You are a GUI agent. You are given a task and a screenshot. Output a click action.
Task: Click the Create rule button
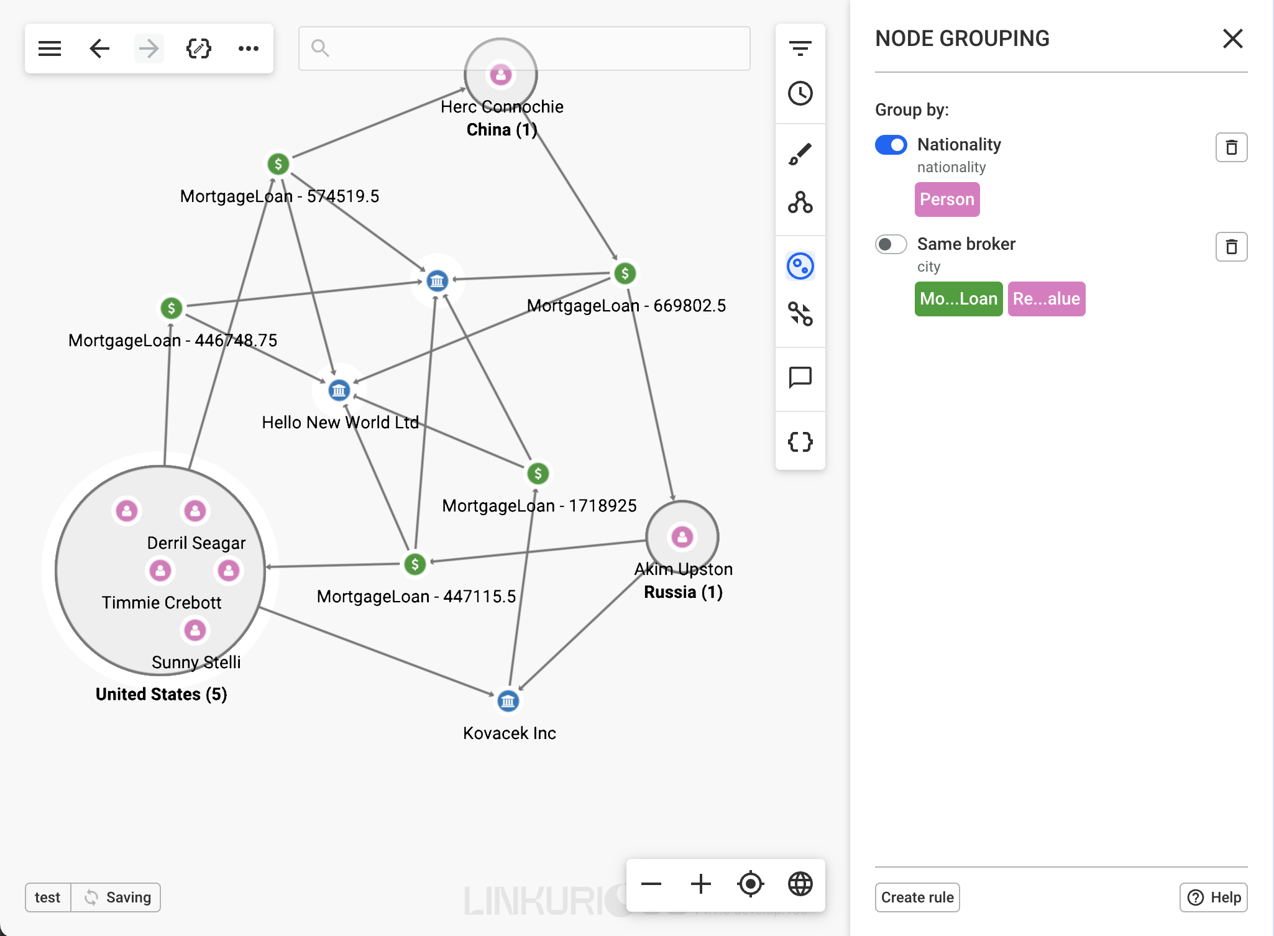tap(917, 897)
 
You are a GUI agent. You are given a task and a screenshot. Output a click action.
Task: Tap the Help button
tap(1213, 897)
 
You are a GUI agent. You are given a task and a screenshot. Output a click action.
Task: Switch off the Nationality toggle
tap(891, 145)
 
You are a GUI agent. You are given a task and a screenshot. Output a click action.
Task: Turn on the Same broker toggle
tap(891, 244)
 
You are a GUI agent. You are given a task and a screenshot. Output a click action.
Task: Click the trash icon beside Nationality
tap(1230, 147)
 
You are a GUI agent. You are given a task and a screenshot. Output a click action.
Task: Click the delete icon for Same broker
tap(1230, 247)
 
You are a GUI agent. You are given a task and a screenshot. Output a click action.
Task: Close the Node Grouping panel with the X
tap(1232, 39)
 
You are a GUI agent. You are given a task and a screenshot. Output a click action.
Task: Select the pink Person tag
tap(946, 200)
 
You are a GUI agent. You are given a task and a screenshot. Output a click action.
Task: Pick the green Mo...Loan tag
tap(958, 299)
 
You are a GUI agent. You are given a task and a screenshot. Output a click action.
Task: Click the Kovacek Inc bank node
tap(508, 702)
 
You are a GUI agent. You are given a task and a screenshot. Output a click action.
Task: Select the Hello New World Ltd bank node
tap(339, 390)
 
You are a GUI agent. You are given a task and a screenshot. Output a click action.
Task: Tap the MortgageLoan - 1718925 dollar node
tap(538, 474)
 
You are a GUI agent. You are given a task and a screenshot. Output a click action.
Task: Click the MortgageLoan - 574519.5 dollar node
tap(278, 164)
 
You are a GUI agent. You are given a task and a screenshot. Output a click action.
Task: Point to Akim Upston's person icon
tap(682, 536)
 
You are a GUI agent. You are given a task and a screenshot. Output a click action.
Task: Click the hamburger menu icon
tap(50, 48)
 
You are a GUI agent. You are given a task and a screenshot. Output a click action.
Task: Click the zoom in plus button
tap(700, 883)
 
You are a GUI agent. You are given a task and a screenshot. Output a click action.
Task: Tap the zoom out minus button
tap(651, 883)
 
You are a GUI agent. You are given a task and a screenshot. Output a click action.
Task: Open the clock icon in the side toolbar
tap(800, 93)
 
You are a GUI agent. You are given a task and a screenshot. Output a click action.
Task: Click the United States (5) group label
tap(162, 694)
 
